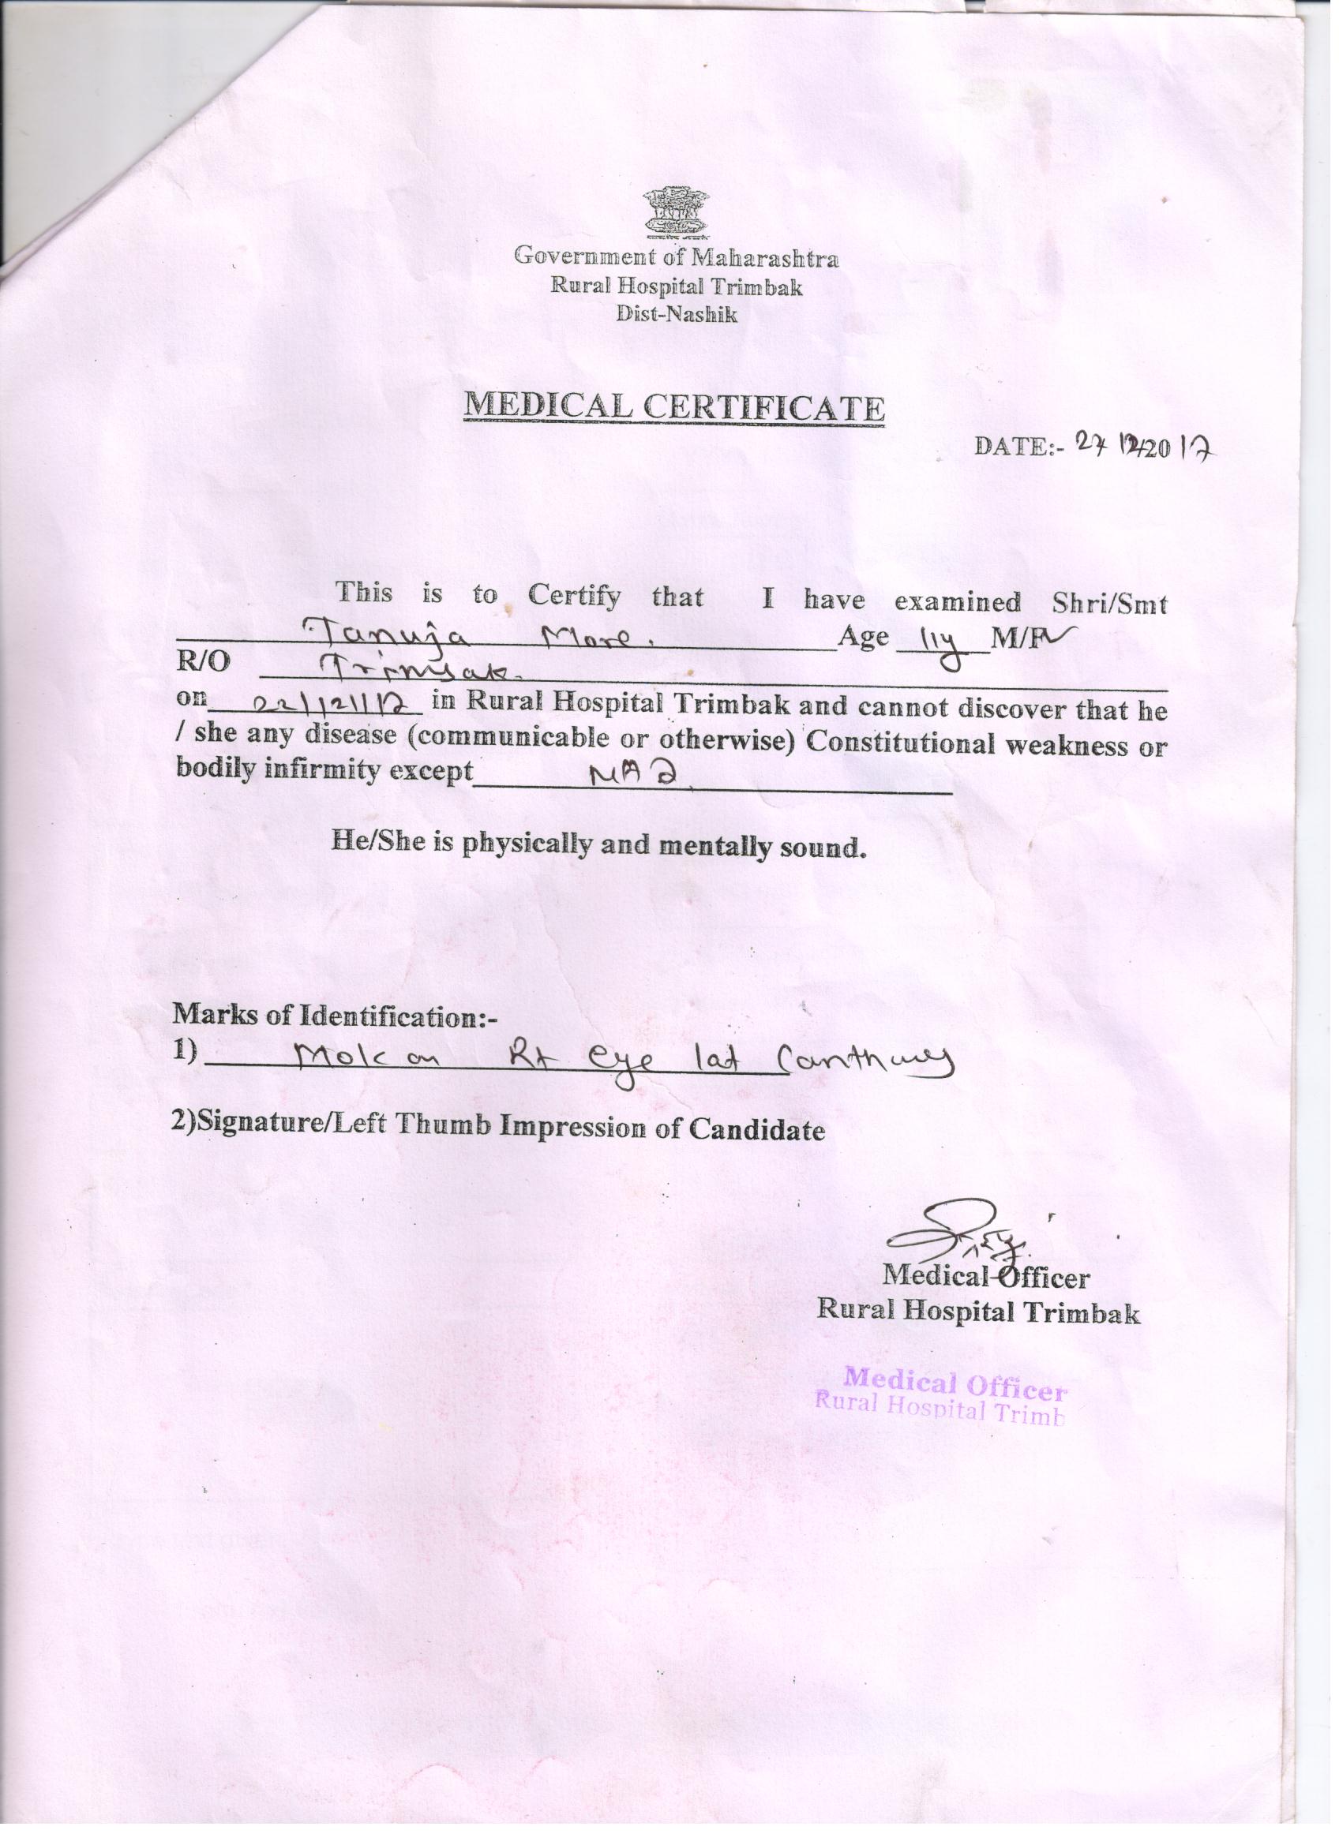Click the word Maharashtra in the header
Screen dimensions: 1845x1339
(764, 259)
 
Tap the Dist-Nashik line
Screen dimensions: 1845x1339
(676, 315)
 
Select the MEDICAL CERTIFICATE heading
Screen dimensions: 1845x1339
(674, 406)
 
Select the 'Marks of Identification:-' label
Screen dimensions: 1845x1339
(335, 1017)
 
